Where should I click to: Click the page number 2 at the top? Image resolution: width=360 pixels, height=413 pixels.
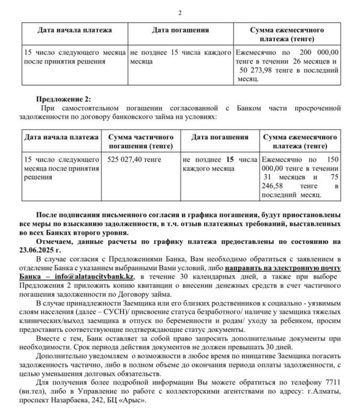tap(180, 13)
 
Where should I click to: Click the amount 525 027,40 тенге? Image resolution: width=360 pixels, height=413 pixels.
tap(130, 160)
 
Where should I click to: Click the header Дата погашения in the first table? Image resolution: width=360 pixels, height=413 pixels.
tap(180, 29)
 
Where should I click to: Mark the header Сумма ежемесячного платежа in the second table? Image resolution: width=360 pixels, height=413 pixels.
tap(301, 142)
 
